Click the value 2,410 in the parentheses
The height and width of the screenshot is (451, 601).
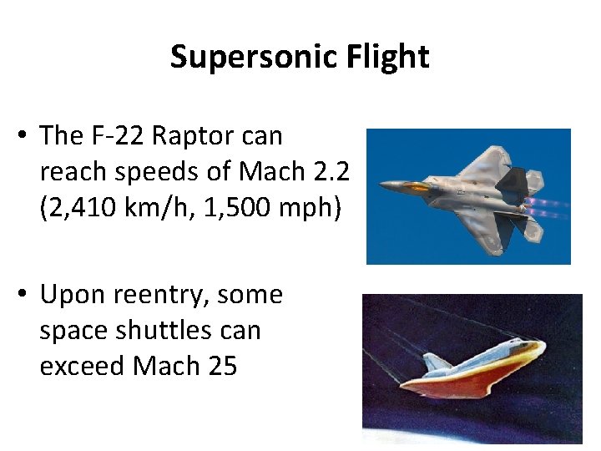tap(87, 207)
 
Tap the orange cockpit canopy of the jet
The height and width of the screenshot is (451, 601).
tap(416, 186)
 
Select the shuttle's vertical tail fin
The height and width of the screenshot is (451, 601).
tap(437, 362)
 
